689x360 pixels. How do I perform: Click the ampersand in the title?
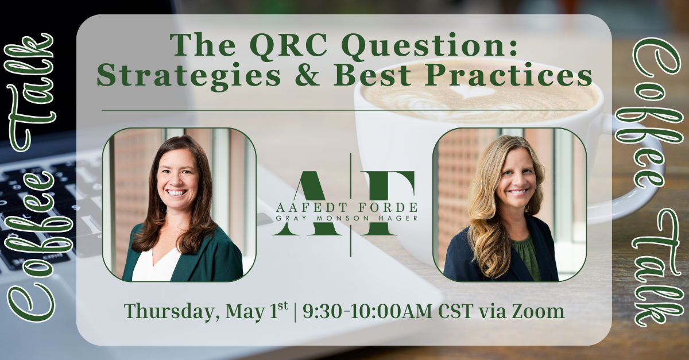(x=307, y=75)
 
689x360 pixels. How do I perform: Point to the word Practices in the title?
(x=509, y=75)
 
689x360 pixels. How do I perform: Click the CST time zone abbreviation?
(x=456, y=311)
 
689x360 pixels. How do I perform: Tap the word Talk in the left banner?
(x=32, y=92)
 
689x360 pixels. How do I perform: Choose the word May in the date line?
(x=244, y=312)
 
